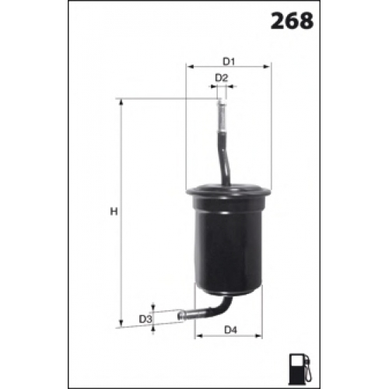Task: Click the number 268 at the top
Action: coord(292,21)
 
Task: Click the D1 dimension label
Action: coord(229,61)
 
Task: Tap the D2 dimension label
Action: coord(221,78)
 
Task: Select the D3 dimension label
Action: coord(145,319)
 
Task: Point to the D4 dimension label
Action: coord(230,330)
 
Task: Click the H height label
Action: coord(114,212)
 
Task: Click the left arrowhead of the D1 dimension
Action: coord(191,67)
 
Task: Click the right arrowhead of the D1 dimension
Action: coord(267,67)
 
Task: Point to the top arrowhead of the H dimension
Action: coord(121,102)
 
